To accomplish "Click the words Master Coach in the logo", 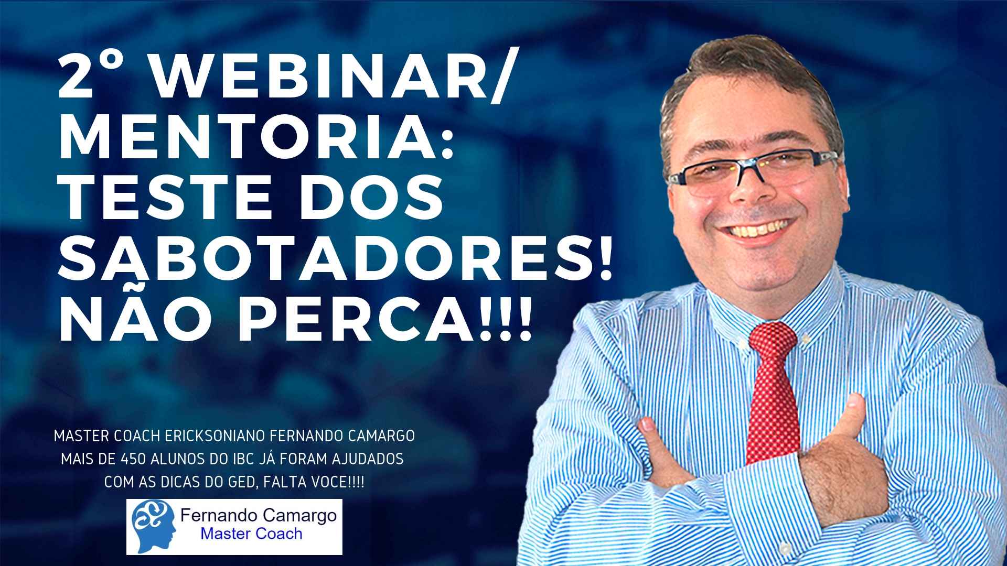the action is tap(252, 534).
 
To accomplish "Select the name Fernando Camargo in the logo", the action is tap(258, 516).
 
